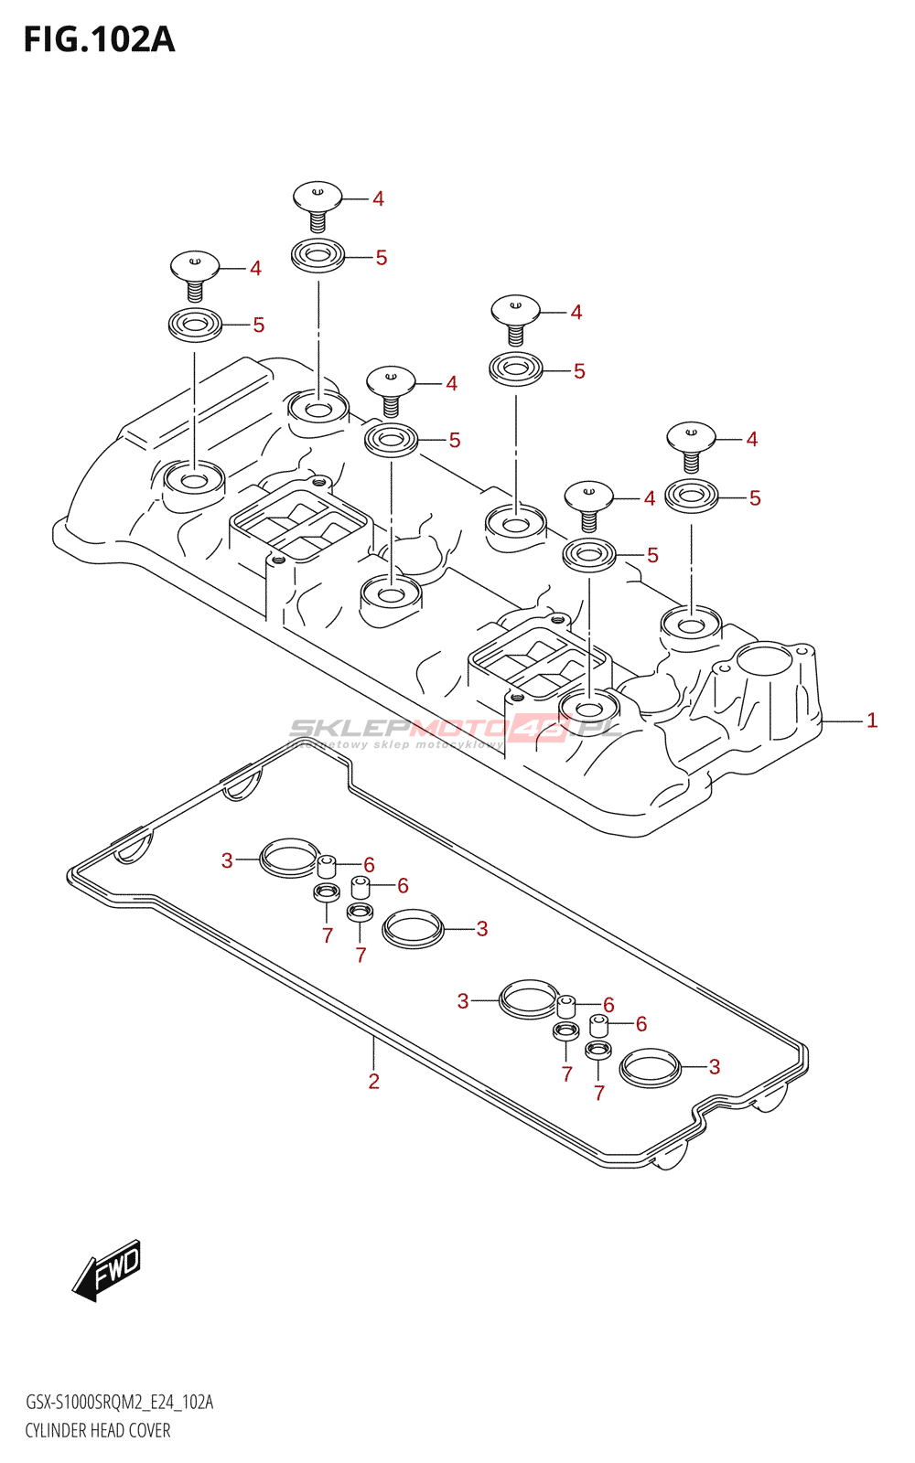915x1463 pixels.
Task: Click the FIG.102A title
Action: coord(99,40)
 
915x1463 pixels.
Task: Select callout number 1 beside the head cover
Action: coord(872,721)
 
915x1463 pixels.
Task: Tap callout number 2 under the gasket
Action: coord(373,1082)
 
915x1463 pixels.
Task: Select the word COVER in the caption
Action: coord(149,1431)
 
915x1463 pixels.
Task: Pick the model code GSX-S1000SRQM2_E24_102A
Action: coord(119,1403)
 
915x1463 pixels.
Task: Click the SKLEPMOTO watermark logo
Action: coord(455,729)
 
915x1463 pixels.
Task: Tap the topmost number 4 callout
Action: coord(378,199)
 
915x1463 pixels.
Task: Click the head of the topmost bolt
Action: coord(318,195)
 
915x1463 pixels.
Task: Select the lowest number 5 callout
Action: coord(652,555)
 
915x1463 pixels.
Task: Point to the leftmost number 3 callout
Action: coord(227,860)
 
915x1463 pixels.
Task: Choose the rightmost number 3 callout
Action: coord(715,1067)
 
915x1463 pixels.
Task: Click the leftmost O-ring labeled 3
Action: coord(289,858)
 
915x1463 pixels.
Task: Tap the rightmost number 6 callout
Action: coord(641,1024)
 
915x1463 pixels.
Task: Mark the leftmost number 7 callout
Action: coord(328,935)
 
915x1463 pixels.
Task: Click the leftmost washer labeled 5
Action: coord(195,325)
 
